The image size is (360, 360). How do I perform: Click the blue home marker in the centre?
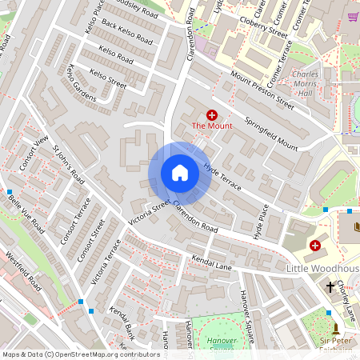coord(180,173)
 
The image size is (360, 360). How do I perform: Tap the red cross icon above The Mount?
coord(212,115)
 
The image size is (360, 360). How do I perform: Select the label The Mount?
coord(211,126)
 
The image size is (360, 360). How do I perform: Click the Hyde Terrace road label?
coord(222,177)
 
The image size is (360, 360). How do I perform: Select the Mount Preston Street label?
coord(262,89)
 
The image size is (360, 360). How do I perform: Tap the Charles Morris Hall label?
coord(306,83)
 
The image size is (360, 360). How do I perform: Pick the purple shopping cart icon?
coord(354,16)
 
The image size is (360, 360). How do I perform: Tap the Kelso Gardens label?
coord(82,82)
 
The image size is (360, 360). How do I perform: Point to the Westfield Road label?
coord(23,271)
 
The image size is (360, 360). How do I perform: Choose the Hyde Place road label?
coord(259,221)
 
